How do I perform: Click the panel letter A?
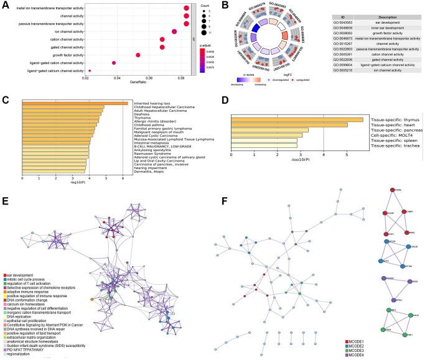5,4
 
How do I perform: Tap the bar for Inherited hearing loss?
75,103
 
